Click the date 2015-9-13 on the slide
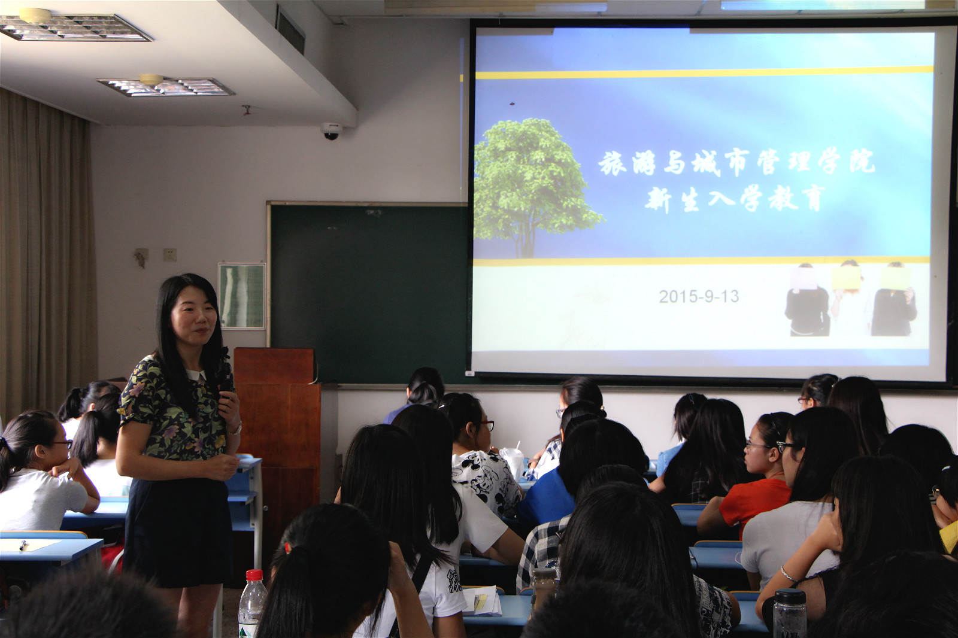698,296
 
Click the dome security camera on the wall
331,131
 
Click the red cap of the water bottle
254,575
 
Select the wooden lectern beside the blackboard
278,427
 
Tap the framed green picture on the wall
242,296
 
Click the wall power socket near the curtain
170,255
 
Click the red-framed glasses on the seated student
487,424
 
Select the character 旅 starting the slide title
612,163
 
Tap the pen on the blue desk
22,545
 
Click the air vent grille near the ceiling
290,31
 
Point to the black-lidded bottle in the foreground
789,613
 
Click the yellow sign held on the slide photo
846,277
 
